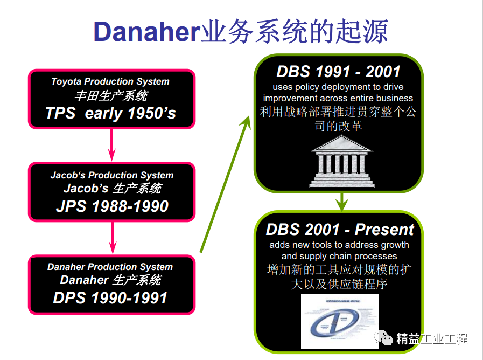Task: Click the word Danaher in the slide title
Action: tap(146, 32)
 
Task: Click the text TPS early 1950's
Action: tap(110, 113)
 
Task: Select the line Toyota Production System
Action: tap(110, 82)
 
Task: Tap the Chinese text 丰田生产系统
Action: tap(110, 96)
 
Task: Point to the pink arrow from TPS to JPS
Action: tap(112, 144)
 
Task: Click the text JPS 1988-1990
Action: tap(112, 206)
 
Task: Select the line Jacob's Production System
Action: tap(112, 175)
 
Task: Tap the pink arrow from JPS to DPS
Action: tap(112, 237)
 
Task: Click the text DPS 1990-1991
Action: tap(110, 297)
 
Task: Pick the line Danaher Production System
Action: tap(110, 267)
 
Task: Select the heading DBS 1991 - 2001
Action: tap(339, 72)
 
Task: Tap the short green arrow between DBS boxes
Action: tap(340, 202)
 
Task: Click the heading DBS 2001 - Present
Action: tap(340, 229)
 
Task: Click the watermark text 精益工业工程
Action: tap(431, 339)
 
